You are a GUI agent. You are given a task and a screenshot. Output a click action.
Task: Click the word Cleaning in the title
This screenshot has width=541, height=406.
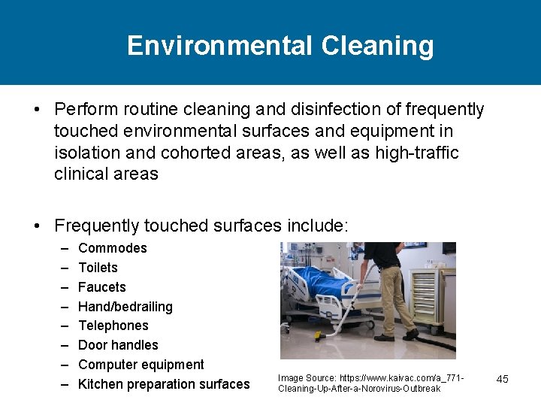coord(377,46)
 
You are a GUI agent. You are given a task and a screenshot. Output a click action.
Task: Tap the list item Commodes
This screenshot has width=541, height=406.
coord(112,248)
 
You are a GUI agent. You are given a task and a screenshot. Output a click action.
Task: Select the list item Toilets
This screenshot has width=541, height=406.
coord(98,268)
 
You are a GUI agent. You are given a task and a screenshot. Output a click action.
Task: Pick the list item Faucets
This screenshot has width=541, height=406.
coord(101,287)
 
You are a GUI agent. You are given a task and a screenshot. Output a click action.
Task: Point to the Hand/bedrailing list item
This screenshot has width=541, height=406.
coord(125,307)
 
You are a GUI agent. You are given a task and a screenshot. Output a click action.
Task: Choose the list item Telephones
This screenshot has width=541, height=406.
coord(113,326)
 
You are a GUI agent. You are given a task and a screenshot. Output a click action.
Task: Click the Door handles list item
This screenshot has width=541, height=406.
coord(118,345)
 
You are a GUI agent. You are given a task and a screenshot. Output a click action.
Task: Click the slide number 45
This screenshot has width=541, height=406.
coord(502,379)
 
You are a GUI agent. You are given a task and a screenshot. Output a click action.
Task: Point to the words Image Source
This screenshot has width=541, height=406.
coord(306,377)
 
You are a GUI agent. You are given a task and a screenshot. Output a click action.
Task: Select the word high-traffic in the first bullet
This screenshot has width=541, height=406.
coord(421,153)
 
